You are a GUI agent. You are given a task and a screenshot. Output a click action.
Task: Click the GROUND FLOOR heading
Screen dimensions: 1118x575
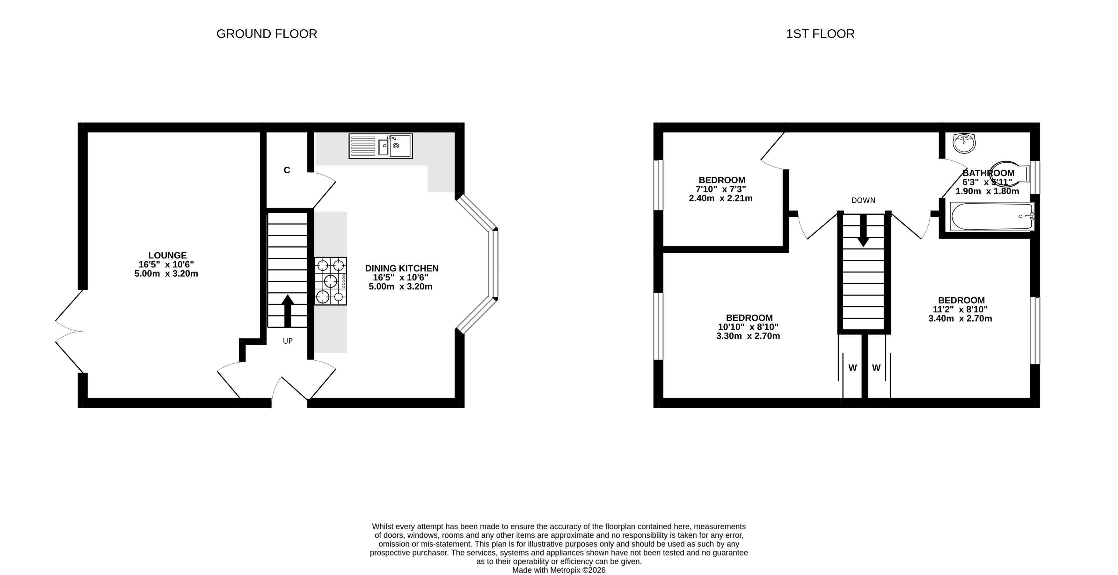(x=267, y=34)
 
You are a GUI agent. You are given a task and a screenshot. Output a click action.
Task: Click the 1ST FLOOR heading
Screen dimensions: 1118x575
(x=820, y=34)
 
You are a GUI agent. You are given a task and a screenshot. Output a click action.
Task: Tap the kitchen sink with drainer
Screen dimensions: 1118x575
(x=381, y=146)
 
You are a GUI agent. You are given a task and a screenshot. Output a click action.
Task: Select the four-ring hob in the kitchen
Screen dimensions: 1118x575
(x=331, y=281)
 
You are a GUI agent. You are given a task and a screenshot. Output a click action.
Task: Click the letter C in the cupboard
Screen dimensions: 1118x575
(x=287, y=170)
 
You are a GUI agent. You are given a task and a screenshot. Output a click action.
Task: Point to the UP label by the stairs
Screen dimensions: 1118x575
(x=288, y=341)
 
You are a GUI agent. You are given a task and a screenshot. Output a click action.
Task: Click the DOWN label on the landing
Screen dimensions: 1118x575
(x=863, y=201)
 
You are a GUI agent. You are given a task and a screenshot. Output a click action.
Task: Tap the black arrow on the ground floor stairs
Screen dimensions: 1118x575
(x=287, y=311)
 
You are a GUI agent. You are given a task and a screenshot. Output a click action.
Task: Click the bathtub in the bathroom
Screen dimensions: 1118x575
(x=992, y=217)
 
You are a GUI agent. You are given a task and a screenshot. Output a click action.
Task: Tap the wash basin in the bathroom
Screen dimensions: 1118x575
(x=964, y=143)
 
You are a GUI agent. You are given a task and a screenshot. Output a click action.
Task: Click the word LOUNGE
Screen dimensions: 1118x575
(x=168, y=256)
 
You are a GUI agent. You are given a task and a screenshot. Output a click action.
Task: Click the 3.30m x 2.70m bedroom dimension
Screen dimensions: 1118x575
(x=748, y=336)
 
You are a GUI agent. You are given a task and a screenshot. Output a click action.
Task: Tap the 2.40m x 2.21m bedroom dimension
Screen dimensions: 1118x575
(x=721, y=198)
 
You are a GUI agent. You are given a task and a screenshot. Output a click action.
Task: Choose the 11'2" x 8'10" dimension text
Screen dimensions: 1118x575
(x=961, y=310)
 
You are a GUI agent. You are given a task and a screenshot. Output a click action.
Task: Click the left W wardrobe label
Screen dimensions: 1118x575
(x=853, y=368)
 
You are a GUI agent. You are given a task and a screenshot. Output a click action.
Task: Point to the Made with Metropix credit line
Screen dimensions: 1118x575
(x=559, y=570)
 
